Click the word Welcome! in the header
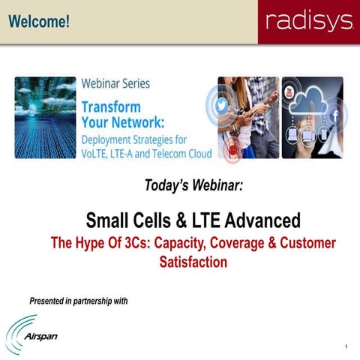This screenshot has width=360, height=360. [39, 22]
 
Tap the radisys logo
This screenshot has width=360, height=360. [307, 22]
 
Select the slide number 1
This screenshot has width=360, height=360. [346, 346]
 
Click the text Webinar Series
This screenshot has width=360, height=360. [115, 84]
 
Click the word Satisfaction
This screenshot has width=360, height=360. [193, 262]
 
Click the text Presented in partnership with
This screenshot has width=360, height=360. [78, 301]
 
